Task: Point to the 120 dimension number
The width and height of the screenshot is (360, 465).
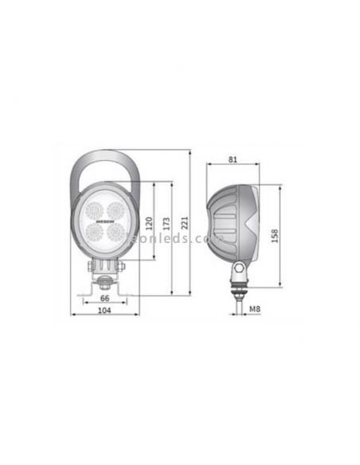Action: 148,225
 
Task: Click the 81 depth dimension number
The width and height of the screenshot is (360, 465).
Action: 233,159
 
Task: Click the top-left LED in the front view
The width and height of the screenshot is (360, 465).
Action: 93,210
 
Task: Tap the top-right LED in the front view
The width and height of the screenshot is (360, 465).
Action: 116,210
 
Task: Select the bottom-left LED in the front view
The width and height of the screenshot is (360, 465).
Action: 93,232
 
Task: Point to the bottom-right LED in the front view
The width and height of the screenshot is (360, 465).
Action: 116,232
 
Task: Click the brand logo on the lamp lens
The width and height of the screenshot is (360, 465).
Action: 104,221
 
